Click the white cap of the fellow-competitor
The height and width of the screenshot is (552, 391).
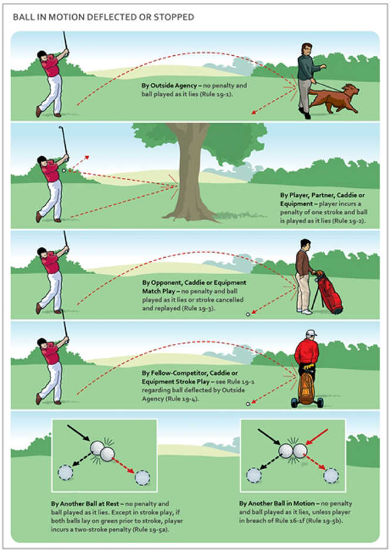coord(311,333)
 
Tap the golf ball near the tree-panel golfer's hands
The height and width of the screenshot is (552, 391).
coord(64,170)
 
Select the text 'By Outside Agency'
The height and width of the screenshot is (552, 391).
coord(169,86)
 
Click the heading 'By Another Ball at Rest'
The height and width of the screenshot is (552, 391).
coord(85,504)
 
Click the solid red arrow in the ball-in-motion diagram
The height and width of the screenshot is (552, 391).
coord(317,437)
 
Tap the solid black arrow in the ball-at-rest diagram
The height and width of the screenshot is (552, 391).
coord(79,433)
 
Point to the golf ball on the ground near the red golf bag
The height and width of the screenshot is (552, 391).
coord(248,314)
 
